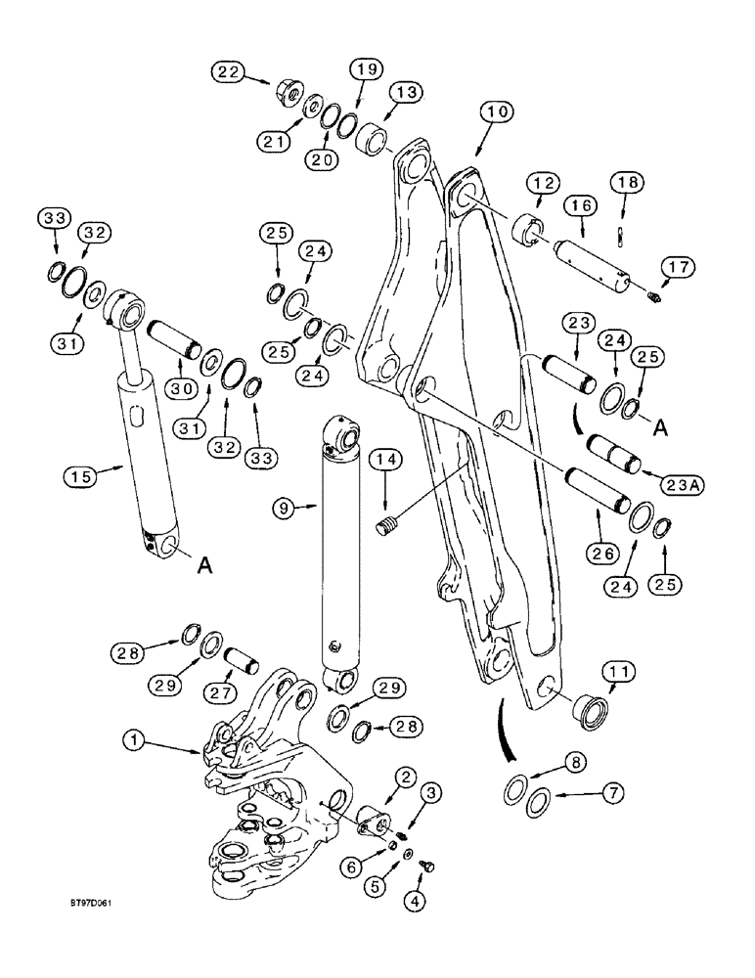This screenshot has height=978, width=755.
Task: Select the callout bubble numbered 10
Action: [497, 114]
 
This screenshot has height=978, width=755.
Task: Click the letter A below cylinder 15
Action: [206, 564]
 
